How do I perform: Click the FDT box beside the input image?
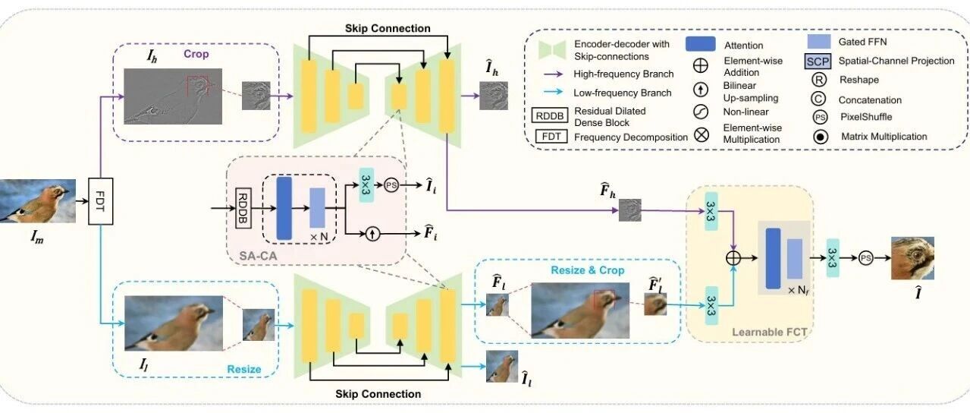pos(100,201)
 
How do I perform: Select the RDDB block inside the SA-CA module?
pos(243,208)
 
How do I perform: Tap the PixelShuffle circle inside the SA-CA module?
pos(391,185)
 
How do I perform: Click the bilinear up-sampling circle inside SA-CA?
pos(372,234)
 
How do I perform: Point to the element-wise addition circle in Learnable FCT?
pos(733,258)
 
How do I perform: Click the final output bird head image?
pos(912,258)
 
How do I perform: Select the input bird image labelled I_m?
pos(38,201)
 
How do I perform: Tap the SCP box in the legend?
pos(818,61)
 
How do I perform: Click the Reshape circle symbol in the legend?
pos(819,80)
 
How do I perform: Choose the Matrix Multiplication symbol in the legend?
pos(821,137)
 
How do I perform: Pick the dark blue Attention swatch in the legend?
pos(700,44)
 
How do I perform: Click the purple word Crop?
pos(196,54)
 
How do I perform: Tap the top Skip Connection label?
pos(388,28)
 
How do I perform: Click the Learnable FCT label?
pos(770,332)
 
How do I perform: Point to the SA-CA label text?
pos(258,256)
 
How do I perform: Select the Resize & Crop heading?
pos(588,270)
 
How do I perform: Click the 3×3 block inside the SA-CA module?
pos(366,185)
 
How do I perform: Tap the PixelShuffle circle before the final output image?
pos(865,258)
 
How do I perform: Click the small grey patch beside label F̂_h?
pos(630,210)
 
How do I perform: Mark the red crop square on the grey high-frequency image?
pos(197,87)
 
